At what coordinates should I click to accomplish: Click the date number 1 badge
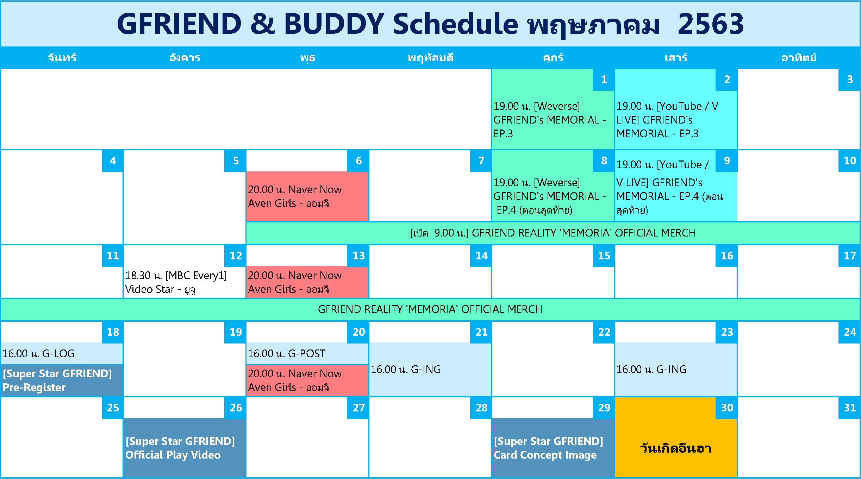click(604, 80)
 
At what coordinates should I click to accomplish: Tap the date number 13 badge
click(358, 256)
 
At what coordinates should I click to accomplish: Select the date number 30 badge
click(726, 408)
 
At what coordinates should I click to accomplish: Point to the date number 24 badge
click(849, 332)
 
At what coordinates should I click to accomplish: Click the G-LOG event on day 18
click(62, 354)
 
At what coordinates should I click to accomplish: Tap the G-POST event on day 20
click(307, 354)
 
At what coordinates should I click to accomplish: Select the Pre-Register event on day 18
click(62, 380)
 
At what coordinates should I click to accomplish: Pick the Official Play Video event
click(184, 448)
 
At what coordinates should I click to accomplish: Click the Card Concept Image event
click(553, 448)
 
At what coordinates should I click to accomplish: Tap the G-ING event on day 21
click(430, 370)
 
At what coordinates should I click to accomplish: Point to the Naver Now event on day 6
click(307, 196)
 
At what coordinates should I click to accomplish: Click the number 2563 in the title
click(711, 24)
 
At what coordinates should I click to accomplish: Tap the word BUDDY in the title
click(334, 24)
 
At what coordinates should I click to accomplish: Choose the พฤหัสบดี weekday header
click(430, 58)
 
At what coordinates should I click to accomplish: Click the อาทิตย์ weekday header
click(799, 58)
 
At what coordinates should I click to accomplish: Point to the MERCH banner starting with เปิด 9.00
click(553, 233)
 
